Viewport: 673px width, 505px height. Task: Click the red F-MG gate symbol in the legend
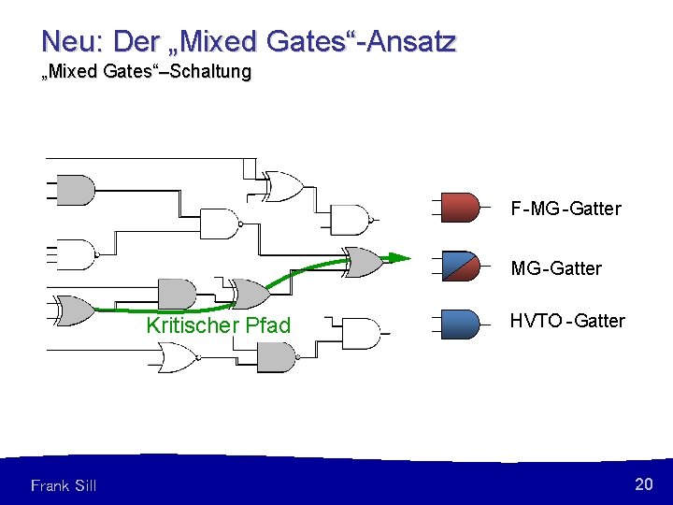461,207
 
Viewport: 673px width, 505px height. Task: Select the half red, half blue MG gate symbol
461,267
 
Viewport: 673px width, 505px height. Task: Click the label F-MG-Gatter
566,209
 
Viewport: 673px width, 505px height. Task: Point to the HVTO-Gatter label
566,321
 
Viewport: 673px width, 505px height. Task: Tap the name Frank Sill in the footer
64,485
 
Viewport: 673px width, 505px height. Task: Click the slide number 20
643,483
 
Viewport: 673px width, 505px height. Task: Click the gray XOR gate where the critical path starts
75,310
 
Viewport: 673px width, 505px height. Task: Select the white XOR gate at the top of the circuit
283,187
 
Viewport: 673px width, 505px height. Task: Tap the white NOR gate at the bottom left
176,356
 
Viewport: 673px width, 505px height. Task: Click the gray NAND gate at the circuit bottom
276,356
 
